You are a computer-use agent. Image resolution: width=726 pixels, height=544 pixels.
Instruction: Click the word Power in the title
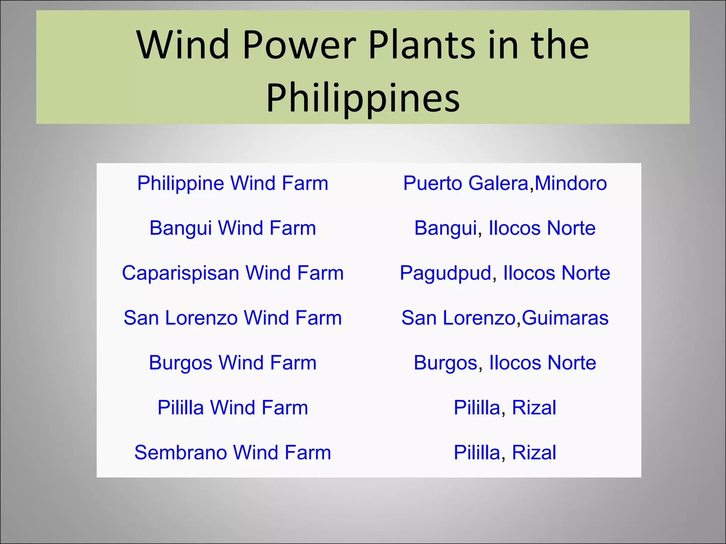[x=300, y=45]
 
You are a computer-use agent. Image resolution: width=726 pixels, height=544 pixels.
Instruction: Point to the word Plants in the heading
[x=421, y=45]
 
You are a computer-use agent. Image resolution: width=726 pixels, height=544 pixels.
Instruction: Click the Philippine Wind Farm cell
[x=233, y=183]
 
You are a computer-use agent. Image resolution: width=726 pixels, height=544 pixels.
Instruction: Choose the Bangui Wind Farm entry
[x=233, y=228]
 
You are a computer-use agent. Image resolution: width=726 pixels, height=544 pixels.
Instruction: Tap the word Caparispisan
[x=180, y=273]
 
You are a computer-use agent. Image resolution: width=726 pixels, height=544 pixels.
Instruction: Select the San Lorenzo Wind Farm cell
[x=233, y=318]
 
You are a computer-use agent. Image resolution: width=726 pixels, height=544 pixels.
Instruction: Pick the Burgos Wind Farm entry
[x=233, y=363]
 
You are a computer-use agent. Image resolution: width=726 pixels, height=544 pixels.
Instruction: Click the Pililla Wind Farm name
[x=233, y=408]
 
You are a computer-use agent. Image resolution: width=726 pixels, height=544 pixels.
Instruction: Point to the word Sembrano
[x=180, y=453]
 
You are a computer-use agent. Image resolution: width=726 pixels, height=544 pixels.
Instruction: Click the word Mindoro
[x=571, y=183]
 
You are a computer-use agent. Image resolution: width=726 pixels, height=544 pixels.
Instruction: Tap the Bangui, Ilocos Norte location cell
[x=505, y=228]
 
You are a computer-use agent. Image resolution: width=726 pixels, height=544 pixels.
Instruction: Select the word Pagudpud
[x=445, y=273]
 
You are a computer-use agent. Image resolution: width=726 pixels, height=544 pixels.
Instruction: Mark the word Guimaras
[x=565, y=318]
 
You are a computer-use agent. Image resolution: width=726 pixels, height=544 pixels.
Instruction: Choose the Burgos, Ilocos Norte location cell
[x=505, y=363]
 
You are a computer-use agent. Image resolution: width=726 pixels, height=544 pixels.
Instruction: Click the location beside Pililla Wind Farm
[x=505, y=408]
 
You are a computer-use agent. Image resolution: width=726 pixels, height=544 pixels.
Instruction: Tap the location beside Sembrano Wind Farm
[x=505, y=453]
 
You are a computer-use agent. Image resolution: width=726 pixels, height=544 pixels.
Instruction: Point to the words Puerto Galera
[x=466, y=183]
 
